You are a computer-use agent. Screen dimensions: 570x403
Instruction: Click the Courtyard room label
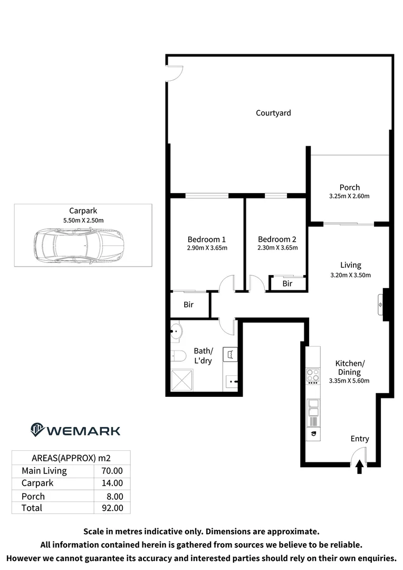(x=273, y=113)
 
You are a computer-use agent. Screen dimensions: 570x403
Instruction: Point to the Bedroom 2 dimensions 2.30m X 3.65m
(x=277, y=248)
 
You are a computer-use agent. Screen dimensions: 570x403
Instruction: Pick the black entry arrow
(x=360, y=467)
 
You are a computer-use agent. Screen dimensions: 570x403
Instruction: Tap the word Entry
(x=360, y=439)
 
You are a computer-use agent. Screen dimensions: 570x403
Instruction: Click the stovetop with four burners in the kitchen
(x=313, y=376)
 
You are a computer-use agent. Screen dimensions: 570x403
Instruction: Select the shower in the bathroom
(x=182, y=379)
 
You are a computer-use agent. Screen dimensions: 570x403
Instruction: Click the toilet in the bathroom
(x=177, y=356)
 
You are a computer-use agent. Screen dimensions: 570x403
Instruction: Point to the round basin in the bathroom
(x=176, y=332)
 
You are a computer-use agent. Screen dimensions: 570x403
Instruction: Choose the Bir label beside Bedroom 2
(x=287, y=284)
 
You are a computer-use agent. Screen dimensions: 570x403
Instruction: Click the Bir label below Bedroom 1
(x=188, y=305)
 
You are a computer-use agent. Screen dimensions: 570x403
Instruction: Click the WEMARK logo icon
(x=37, y=430)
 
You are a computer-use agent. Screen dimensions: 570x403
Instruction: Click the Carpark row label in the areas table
(x=37, y=483)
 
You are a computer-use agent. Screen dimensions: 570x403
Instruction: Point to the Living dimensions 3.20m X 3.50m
(x=350, y=275)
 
